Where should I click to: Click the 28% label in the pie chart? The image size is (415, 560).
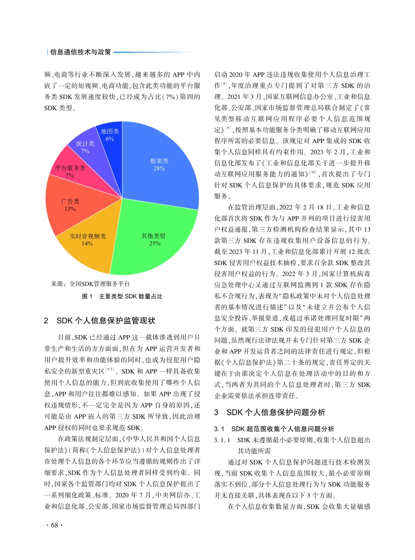click(159, 168)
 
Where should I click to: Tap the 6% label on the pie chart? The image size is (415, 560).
click(110, 139)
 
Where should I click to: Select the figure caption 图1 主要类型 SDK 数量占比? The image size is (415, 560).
click(122, 297)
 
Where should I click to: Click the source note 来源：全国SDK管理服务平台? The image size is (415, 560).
click(90, 283)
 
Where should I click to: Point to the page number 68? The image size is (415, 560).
click(54, 525)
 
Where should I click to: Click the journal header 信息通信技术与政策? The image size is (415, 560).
click(81, 52)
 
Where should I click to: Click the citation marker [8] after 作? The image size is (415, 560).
click(224, 83)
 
